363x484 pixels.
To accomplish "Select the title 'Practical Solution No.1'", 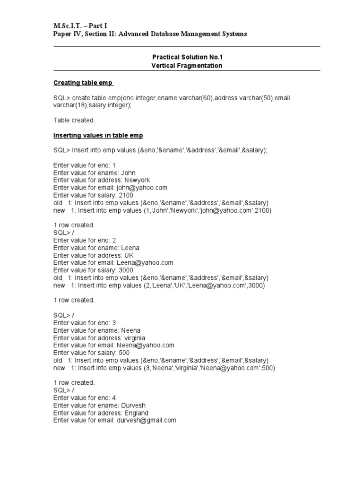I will click(x=187, y=57).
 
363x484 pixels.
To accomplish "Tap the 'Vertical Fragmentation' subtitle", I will click(x=187, y=66).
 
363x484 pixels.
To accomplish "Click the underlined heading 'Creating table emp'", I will click(x=83, y=83).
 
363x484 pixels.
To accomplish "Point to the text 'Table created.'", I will click(x=74, y=120).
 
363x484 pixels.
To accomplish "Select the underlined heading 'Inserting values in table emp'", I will click(x=98, y=135).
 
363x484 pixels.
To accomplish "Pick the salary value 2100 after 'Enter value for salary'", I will click(x=126, y=195).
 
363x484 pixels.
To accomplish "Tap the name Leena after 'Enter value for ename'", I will click(x=130, y=248).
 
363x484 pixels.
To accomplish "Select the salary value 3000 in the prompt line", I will click(x=126, y=270).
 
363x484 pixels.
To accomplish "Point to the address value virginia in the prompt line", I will click(x=135, y=338).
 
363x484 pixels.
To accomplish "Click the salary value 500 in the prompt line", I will click(x=124, y=353).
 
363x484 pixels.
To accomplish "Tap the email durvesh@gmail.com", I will click(x=147, y=420).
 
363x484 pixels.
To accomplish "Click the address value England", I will click(x=136, y=413).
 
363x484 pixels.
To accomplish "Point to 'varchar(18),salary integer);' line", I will click(x=93, y=105).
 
